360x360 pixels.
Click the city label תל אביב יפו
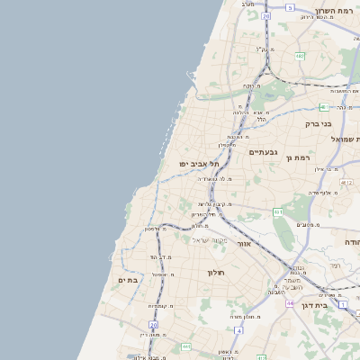(200, 163)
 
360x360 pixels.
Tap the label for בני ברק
(319, 123)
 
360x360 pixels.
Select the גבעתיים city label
(263, 152)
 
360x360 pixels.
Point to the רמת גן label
(298, 157)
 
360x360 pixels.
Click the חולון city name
(215, 272)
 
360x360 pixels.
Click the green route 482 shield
(299, 56)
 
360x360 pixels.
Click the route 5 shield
(290, 7)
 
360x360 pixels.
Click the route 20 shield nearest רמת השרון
(266, 15)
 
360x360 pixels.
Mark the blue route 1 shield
(343, 303)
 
